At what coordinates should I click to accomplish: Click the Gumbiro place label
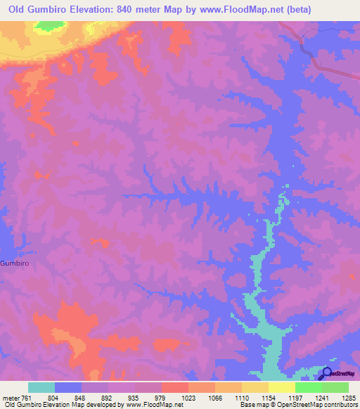coord(15,263)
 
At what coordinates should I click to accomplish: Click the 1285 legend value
coord(349,398)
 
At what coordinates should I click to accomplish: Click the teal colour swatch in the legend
coord(41,387)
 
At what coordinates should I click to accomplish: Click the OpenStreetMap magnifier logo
coord(327,374)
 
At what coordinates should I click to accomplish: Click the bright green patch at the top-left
coord(48,25)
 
